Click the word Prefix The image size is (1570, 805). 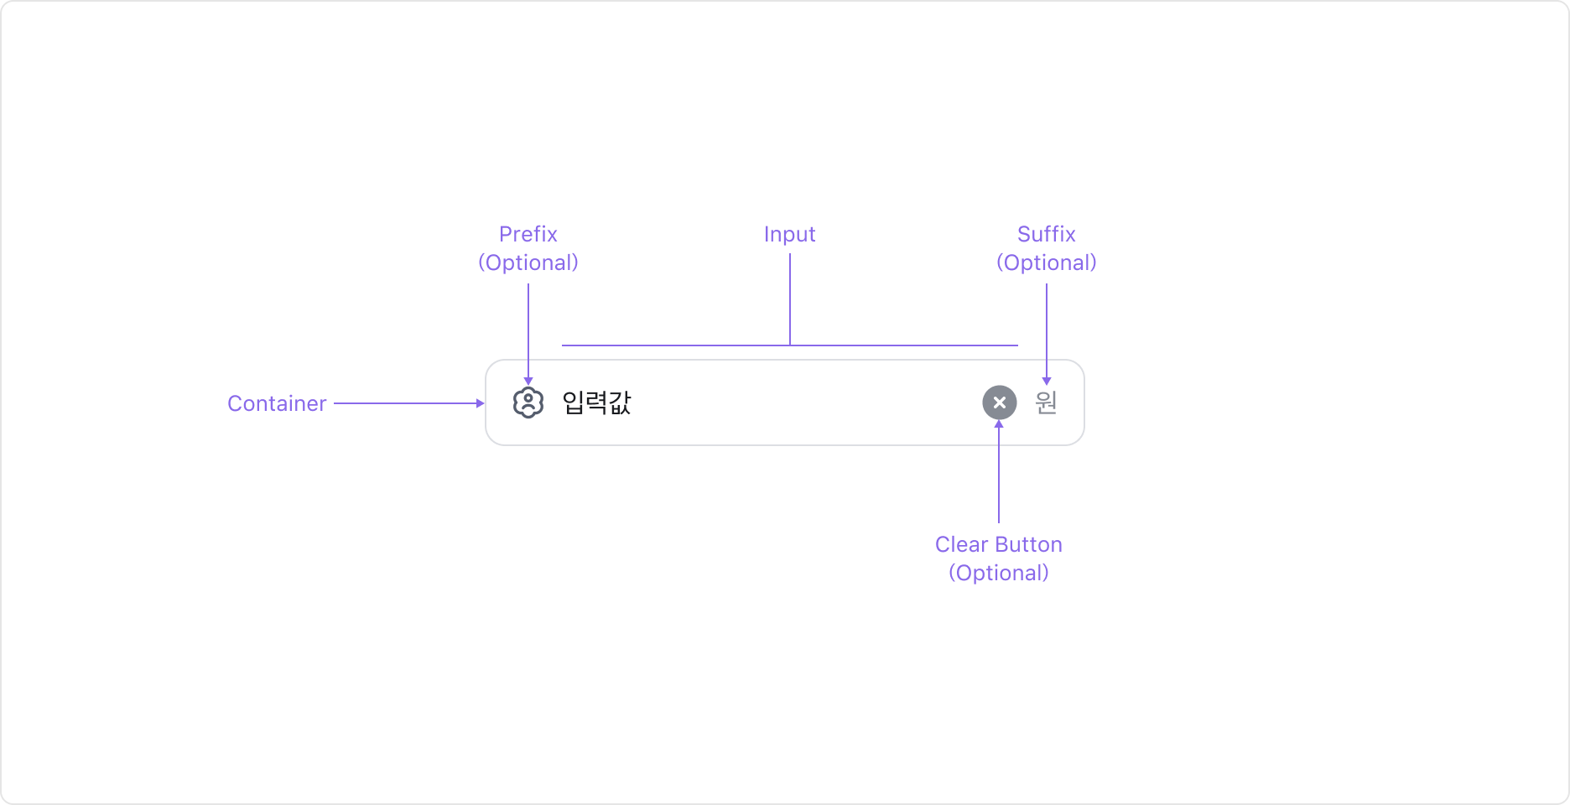click(528, 234)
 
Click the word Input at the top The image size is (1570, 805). click(789, 235)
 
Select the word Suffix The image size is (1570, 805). click(1046, 234)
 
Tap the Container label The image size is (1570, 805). click(277, 403)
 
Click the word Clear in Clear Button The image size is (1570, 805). click(961, 545)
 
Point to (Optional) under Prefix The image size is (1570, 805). click(528, 263)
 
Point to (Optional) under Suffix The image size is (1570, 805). click(1046, 263)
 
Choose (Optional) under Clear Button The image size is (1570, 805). click(998, 574)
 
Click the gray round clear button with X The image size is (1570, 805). click(999, 402)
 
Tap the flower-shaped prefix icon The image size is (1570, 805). click(528, 403)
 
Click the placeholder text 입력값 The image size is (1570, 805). click(596, 403)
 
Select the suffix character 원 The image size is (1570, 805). click(1046, 402)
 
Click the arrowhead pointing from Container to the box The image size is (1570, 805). click(481, 403)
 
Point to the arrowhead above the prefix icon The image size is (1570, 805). click(528, 382)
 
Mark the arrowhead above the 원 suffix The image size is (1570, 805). click(1047, 382)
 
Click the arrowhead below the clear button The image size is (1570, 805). click(999, 424)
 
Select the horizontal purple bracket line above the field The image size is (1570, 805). click(671, 345)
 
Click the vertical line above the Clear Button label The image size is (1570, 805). click(999, 478)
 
